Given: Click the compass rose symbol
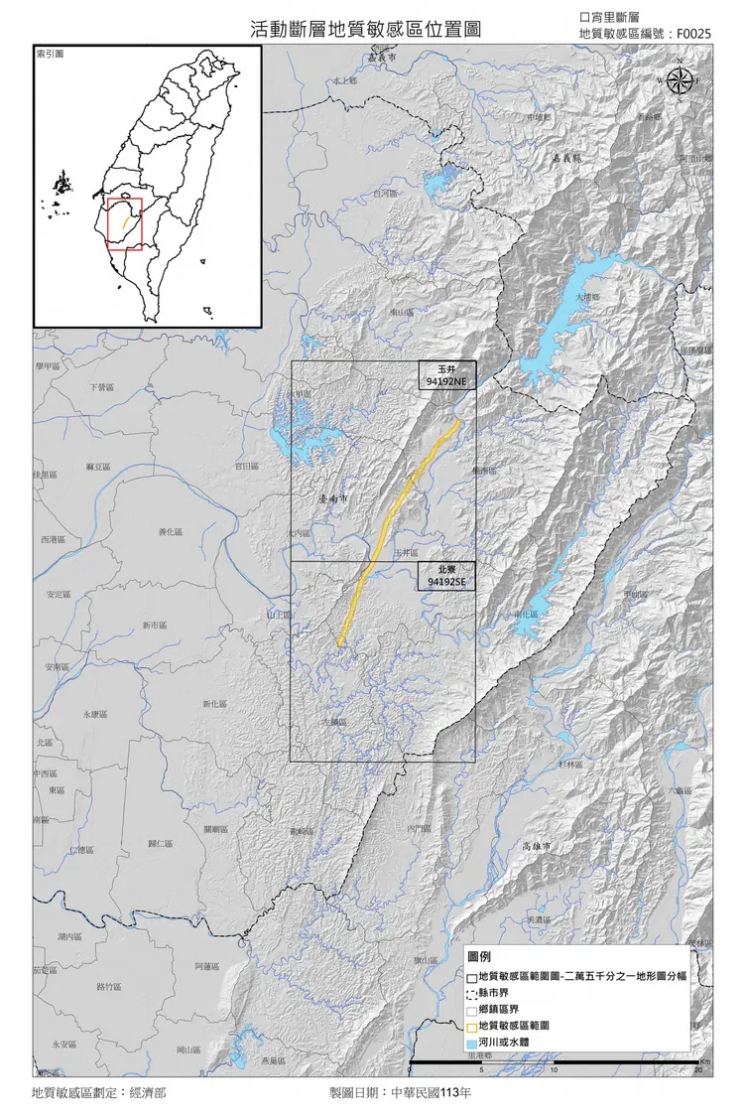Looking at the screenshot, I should pos(680,82).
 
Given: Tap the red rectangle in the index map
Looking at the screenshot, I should pos(125,223).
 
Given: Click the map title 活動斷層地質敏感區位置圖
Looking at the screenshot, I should pos(366,30).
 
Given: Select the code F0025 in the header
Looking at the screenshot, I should pos(693,34).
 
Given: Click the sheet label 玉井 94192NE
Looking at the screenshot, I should pos(446,374).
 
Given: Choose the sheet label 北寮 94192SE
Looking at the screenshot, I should pos(446,576).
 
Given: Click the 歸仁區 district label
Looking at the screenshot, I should pos(161,843).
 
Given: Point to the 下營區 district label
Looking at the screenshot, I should pos(101,386).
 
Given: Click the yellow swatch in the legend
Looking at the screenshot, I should pos(470,1025).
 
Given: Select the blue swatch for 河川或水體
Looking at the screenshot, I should pos(470,1043).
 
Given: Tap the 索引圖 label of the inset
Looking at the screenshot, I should pos(50,53).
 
